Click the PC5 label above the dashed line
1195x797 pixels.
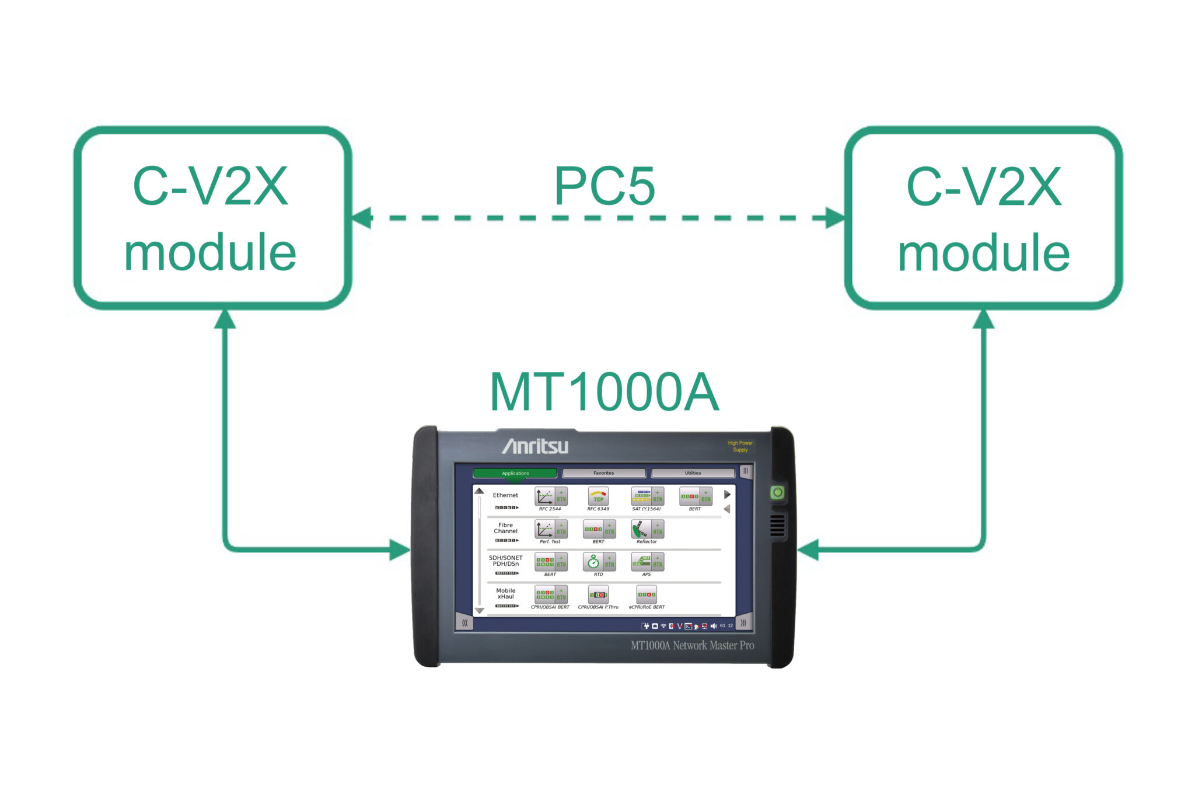pos(605,187)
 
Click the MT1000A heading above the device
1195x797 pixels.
pos(604,392)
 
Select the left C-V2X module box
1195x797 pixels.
pos(211,218)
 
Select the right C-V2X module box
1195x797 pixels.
pos(984,218)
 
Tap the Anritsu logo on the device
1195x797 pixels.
pos(535,446)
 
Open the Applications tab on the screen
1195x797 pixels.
pos(515,473)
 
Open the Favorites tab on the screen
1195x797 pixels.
pos(603,473)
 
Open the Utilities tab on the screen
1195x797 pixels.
pos(693,473)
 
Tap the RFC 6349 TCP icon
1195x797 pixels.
pos(598,497)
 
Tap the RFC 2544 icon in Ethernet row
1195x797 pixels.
pos(544,497)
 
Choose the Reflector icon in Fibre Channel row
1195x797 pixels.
pos(641,530)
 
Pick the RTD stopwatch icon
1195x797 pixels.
pos(593,562)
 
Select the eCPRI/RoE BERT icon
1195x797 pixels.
pos(646,595)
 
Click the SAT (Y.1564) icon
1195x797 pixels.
pos(641,497)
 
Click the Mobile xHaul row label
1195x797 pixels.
pos(505,594)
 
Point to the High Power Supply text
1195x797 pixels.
pos(740,447)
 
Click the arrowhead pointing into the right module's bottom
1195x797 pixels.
pos(983,319)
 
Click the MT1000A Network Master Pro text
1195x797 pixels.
pos(692,646)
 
